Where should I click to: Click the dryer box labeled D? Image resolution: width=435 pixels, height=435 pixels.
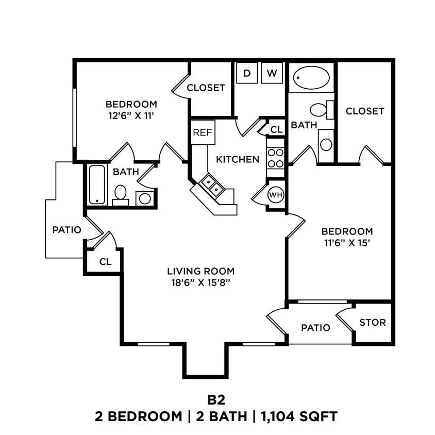click(x=247, y=73)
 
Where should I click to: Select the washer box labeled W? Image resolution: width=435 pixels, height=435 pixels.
click(x=272, y=73)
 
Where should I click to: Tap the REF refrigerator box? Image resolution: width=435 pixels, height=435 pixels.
click(x=203, y=132)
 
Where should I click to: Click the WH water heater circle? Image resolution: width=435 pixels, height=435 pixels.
click(x=275, y=195)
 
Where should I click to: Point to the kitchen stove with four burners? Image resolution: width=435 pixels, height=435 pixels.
click(x=276, y=158)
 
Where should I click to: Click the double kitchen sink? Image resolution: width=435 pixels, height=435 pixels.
click(x=212, y=186)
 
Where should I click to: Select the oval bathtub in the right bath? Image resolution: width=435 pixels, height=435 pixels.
click(x=311, y=78)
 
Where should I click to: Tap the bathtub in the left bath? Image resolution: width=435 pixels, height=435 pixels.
click(x=97, y=185)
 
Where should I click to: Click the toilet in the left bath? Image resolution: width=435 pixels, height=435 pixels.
click(x=121, y=193)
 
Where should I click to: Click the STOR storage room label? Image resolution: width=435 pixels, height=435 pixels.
click(x=372, y=323)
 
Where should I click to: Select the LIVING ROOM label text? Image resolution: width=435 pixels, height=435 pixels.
click(x=200, y=271)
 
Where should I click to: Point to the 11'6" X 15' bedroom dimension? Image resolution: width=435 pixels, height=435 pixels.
click(x=347, y=244)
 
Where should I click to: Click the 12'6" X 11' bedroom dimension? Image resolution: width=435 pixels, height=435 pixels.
click(x=131, y=116)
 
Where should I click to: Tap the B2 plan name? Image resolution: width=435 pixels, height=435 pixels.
click(x=217, y=399)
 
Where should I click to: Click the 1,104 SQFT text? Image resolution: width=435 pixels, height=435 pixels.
click(x=298, y=416)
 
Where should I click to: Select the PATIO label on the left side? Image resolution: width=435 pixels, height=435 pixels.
click(x=67, y=230)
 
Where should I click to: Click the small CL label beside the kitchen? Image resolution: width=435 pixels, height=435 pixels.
click(x=276, y=129)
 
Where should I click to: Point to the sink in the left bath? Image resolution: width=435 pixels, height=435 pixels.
click(x=145, y=198)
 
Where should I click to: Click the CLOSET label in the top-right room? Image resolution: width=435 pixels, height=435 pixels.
click(x=365, y=111)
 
